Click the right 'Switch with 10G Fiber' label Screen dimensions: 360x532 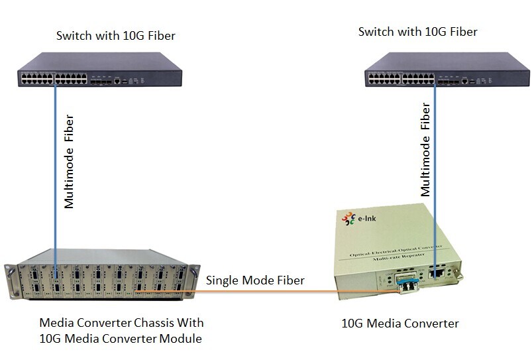click(x=417, y=31)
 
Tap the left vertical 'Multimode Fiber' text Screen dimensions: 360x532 click(x=68, y=162)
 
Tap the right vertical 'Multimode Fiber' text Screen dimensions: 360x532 click(x=426, y=149)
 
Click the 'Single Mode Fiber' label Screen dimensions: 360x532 click(x=255, y=280)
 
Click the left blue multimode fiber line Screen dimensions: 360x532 click(x=55, y=166)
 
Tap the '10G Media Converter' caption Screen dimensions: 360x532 click(x=399, y=324)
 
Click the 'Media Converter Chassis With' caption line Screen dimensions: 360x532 click(x=122, y=323)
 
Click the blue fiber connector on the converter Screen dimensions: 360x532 click(x=403, y=284)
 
